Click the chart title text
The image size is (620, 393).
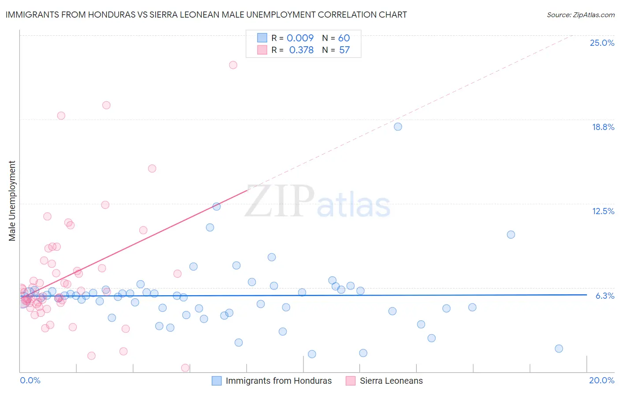point(206,15)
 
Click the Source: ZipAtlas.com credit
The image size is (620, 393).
point(580,15)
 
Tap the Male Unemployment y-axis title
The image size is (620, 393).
point(12,201)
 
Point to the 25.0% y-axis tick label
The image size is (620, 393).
point(602,43)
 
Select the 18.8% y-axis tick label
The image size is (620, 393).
point(603,127)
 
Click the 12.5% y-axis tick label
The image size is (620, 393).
point(603,211)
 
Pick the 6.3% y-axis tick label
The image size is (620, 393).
point(605,296)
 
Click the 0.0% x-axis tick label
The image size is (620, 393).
point(30,380)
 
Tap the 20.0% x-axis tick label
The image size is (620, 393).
point(601,380)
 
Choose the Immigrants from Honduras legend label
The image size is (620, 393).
point(278,381)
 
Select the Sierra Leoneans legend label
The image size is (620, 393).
point(391,381)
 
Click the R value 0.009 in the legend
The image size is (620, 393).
point(300,38)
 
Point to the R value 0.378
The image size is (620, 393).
point(301,50)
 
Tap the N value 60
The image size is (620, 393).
point(344,38)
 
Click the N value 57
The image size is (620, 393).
point(344,50)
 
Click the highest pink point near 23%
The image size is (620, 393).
point(233,65)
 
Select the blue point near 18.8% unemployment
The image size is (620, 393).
point(398,126)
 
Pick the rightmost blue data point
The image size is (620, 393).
point(559,349)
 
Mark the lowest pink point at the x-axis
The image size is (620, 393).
point(185,367)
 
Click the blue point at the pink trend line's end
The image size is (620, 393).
point(217,206)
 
